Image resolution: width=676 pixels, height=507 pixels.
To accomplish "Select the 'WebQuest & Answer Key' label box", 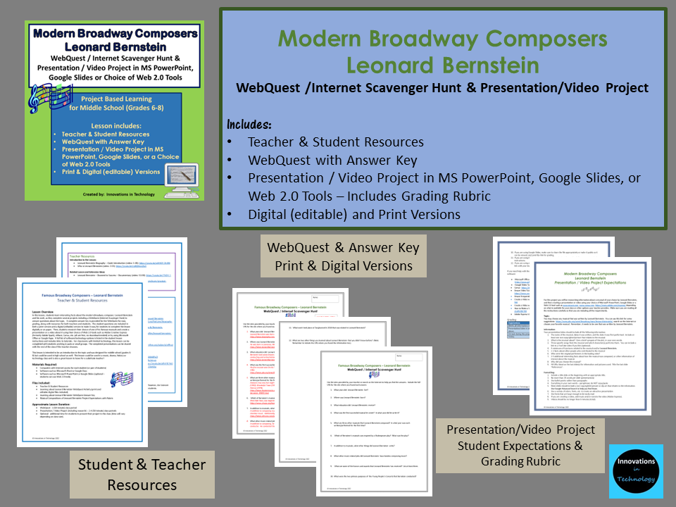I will click(x=343, y=256).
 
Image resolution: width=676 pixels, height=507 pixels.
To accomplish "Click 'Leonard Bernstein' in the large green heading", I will click(x=442, y=65).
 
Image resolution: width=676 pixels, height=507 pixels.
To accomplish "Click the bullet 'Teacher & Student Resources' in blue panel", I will click(x=335, y=142).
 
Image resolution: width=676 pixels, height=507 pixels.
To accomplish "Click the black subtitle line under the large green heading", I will click(x=442, y=88).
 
